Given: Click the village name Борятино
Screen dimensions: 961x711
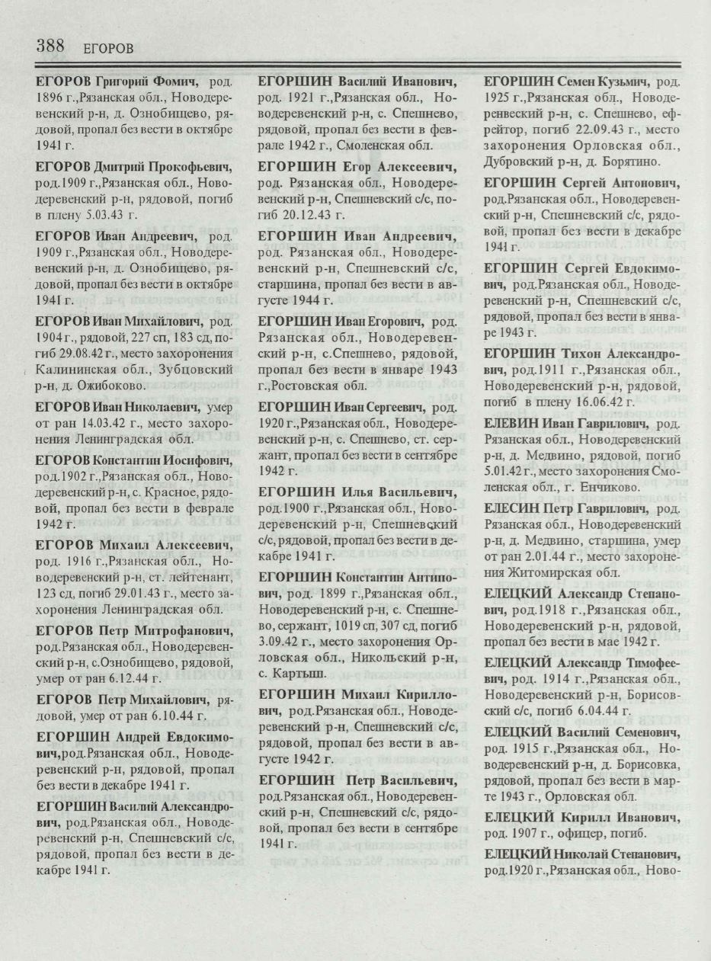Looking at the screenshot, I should pos(641,161).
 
